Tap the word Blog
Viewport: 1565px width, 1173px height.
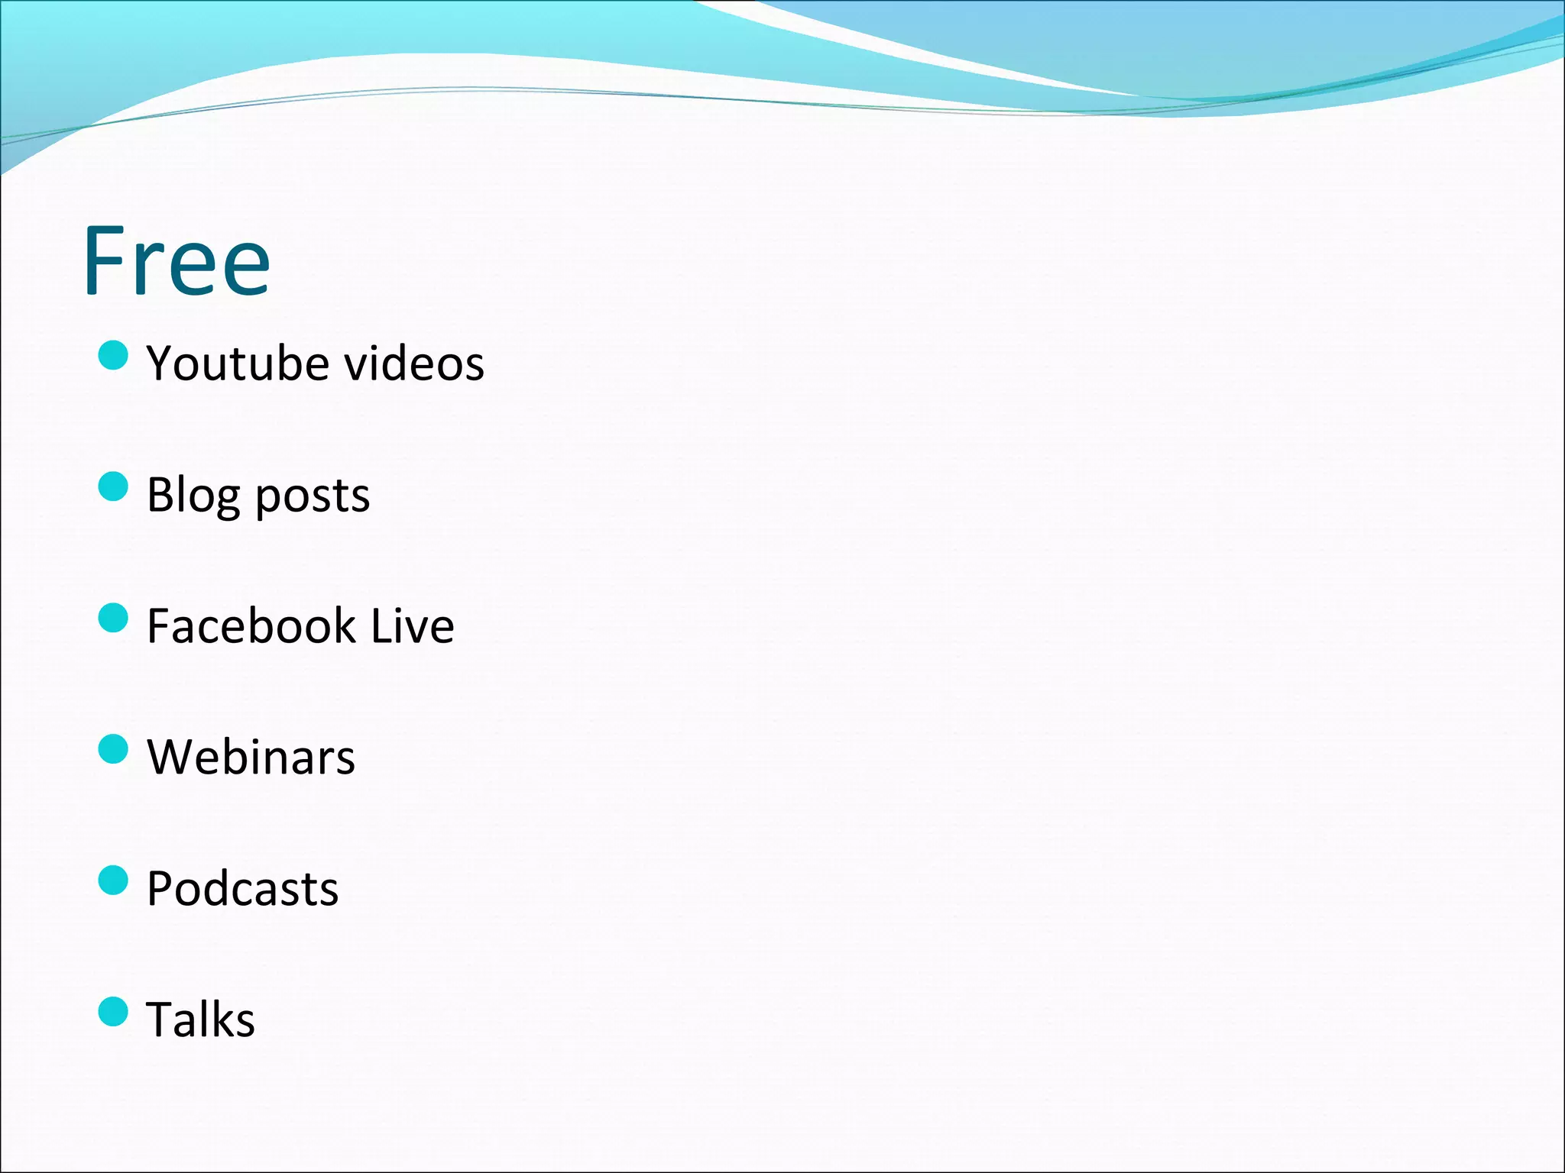(194, 496)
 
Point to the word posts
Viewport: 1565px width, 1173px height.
(312, 497)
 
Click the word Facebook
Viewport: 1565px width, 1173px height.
(251, 626)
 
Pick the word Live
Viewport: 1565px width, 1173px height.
(413, 626)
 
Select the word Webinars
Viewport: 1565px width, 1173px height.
(251, 758)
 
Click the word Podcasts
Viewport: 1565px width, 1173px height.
(242, 889)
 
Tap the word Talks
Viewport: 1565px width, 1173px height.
(200, 1020)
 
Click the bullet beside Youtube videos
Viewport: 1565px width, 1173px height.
(113, 355)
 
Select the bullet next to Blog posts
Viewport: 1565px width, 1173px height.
(113, 486)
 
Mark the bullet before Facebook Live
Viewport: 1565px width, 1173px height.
(113, 618)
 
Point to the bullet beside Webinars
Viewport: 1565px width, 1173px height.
(113, 749)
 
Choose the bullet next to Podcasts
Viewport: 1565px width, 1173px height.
(113, 880)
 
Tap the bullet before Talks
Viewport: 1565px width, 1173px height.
(113, 1011)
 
